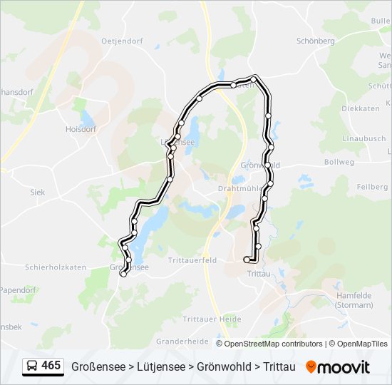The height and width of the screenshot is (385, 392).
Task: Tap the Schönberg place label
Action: tap(315, 41)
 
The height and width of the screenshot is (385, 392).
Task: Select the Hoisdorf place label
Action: tap(80, 130)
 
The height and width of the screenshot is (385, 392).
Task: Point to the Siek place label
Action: tap(37, 192)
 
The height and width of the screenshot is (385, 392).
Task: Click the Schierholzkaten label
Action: tap(56, 267)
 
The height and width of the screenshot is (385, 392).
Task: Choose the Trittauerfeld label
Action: tap(192, 260)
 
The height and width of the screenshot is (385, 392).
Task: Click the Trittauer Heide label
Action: tap(212, 319)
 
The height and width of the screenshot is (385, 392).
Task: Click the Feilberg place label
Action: tap(371, 187)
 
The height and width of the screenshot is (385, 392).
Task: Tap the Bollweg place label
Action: tap(339, 163)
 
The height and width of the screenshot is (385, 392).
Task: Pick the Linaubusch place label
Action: tap(363, 138)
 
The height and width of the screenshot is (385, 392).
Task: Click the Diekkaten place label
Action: tap(360, 108)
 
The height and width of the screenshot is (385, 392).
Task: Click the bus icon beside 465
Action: tap(32, 366)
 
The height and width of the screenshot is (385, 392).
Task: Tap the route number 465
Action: tap(51, 366)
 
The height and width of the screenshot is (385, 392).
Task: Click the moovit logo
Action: tap(338, 367)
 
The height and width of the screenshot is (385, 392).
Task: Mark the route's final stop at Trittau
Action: tap(247, 260)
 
